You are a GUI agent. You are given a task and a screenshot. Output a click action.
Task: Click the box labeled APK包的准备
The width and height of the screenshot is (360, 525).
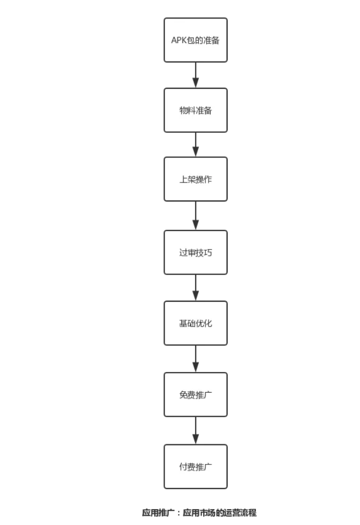[196, 40]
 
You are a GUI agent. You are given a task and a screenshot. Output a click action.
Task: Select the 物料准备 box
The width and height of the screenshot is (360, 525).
[196, 110]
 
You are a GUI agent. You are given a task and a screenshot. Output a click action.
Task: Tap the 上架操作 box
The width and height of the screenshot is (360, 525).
[196, 179]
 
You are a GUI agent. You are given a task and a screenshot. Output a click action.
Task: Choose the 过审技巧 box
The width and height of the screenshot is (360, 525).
[196, 253]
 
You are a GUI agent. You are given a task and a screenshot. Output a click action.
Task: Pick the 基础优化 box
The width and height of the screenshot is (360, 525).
[196, 323]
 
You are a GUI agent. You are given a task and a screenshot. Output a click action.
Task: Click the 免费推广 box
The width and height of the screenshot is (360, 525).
[196, 394]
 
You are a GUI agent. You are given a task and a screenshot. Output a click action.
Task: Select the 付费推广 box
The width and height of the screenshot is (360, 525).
[196, 466]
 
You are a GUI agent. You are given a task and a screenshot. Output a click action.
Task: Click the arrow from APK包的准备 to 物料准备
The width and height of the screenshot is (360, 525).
[196, 75]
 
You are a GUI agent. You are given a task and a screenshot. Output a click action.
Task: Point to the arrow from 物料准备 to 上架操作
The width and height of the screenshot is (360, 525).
[196, 145]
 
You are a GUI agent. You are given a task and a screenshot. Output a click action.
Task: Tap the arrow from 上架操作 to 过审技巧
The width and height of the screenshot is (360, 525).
[196, 216]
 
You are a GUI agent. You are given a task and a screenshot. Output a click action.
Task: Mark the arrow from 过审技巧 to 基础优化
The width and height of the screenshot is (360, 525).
[196, 288]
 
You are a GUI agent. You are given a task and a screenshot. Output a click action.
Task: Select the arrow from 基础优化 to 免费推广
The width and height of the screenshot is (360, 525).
[196, 359]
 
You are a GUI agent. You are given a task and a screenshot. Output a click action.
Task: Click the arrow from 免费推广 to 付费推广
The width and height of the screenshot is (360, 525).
[196, 431]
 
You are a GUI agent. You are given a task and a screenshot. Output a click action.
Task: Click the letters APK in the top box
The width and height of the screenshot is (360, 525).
[179, 40]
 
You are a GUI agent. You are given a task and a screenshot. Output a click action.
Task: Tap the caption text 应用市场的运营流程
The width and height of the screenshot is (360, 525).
[219, 512]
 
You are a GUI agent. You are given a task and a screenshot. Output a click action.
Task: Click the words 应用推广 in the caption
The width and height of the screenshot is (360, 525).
[158, 512]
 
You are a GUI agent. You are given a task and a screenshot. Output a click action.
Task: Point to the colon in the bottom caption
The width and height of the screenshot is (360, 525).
[179, 513]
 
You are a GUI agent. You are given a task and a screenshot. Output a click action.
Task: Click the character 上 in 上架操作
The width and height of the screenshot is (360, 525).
[184, 180]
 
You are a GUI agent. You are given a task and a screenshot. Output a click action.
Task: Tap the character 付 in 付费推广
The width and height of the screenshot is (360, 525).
[184, 467]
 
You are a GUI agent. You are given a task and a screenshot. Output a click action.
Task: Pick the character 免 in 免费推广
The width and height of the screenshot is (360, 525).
[184, 395]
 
